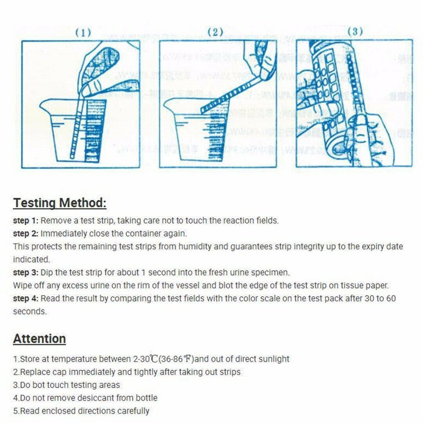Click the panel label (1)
pos(83,32)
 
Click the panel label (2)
pos(215,32)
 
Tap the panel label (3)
pos(355,32)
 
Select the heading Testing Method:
pos(60,203)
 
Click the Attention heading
pos(40,339)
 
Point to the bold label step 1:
pos(26,220)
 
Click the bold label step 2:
pos(26,233)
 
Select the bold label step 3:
pos(26,273)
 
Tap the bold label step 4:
pos(26,299)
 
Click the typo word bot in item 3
pos(38,385)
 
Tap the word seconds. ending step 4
pos(30,311)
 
